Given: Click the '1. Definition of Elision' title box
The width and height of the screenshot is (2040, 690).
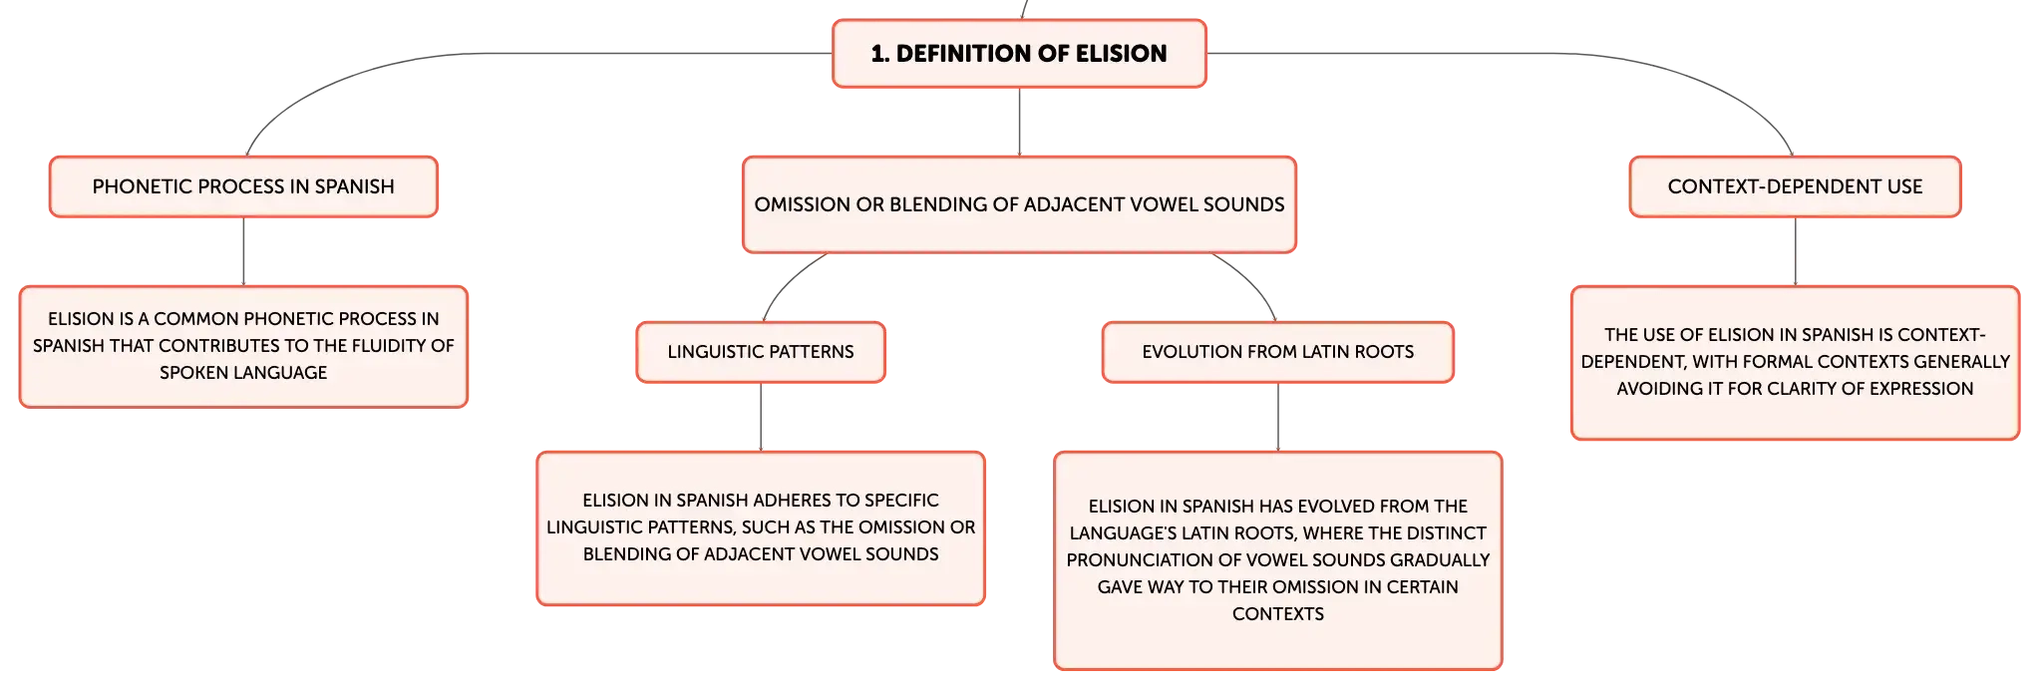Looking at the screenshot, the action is pyautogui.click(x=1019, y=54).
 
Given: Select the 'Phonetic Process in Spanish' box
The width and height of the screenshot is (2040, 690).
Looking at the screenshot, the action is pyautogui.click(x=243, y=186).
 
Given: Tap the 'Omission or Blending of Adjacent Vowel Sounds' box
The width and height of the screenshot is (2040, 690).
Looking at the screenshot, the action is pyautogui.click(x=1019, y=204).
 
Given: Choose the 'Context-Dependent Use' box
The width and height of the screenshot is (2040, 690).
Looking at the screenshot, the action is pyautogui.click(x=1795, y=186).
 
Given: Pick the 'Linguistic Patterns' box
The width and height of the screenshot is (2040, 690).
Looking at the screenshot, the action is pyautogui.click(x=761, y=352).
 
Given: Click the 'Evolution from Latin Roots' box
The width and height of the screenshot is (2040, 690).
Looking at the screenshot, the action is pyautogui.click(x=1278, y=352).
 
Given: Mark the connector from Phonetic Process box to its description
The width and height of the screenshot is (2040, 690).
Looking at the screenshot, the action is pyautogui.click(x=243, y=251).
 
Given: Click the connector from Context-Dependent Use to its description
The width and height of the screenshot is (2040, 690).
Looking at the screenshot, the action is pyautogui.click(x=1795, y=251).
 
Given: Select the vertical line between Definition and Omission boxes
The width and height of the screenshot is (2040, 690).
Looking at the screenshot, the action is pyautogui.click(x=1019, y=122).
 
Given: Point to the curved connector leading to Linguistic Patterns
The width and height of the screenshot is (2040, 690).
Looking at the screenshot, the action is pyautogui.click(x=787, y=280).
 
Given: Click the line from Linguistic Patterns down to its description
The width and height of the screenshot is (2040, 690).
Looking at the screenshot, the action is pyautogui.click(x=761, y=417).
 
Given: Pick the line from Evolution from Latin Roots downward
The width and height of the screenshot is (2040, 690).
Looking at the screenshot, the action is pyautogui.click(x=1278, y=417).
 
